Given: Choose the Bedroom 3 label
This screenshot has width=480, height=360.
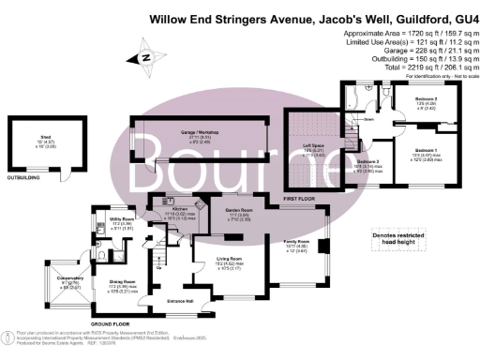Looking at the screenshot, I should pyautogui.click(x=367, y=160).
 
